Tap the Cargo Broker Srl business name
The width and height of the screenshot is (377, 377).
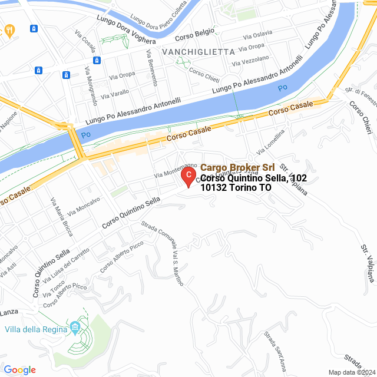tap(237, 168)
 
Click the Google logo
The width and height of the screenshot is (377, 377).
tap(19, 369)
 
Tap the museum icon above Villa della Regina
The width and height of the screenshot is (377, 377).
tap(75, 327)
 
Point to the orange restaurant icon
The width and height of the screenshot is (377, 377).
tap(9, 29)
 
